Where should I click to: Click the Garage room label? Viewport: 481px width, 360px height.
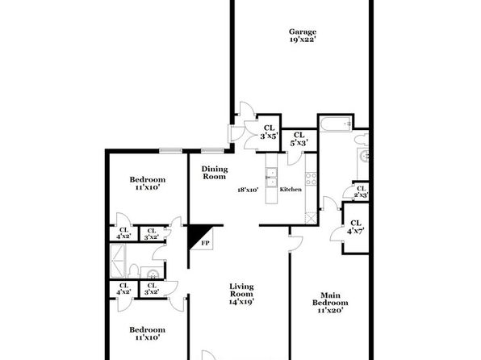(x=303, y=36)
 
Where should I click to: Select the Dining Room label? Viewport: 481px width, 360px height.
(x=215, y=173)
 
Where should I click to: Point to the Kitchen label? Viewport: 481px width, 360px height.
(x=291, y=190)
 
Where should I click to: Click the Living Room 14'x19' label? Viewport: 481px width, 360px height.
(x=241, y=294)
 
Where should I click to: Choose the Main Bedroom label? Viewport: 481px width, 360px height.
(x=330, y=303)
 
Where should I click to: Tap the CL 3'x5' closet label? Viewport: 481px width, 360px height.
(x=270, y=132)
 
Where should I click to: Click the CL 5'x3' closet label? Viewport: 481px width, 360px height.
(x=299, y=139)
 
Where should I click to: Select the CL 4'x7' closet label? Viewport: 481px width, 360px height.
(x=356, y=227)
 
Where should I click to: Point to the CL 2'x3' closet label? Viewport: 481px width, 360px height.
(x=361, y=191)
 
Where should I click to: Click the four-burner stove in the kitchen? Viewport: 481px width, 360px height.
(x=311, y=178)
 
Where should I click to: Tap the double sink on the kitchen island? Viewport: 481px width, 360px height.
(x=271, y=178)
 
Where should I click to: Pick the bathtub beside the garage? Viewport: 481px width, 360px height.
(x=336, y=123)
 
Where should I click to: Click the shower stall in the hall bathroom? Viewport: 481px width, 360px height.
(x=118, y=261)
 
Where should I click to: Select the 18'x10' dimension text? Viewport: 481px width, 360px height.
(x=248, y=190)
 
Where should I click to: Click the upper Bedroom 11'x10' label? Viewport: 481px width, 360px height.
(x=147, y=183)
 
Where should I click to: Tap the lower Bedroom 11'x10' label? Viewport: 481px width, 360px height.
(x=147, y=333)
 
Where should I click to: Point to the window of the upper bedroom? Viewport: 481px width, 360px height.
(x=170, y=150)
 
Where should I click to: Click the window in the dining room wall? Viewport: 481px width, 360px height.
(x=212, y=150)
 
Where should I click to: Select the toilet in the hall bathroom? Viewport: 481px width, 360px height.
(x=133, y=271)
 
